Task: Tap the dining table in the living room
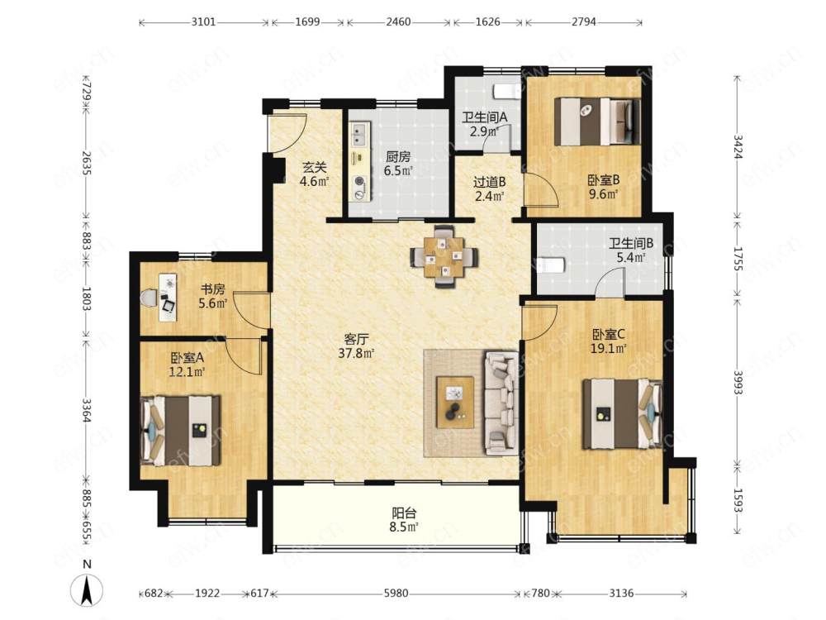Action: pos(444,257)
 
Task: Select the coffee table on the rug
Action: pos(454,402)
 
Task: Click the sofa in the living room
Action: pos(502,403)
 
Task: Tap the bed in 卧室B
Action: pos(597,122)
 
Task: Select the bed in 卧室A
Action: pos(181,431)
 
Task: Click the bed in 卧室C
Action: pos(622,414)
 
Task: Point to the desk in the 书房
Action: pos(168,296)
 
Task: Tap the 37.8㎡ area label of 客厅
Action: pos(356,353)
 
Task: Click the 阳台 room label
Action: pos(405,513)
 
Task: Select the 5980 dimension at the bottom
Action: pos(396,593)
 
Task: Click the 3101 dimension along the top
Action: pos(203,21)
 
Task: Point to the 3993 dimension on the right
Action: pos(738,382)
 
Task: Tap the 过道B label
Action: pos(489,183)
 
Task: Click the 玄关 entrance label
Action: pos(314,168)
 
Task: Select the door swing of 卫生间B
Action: pos(610,283)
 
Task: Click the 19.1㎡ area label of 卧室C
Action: pos(608,349)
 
